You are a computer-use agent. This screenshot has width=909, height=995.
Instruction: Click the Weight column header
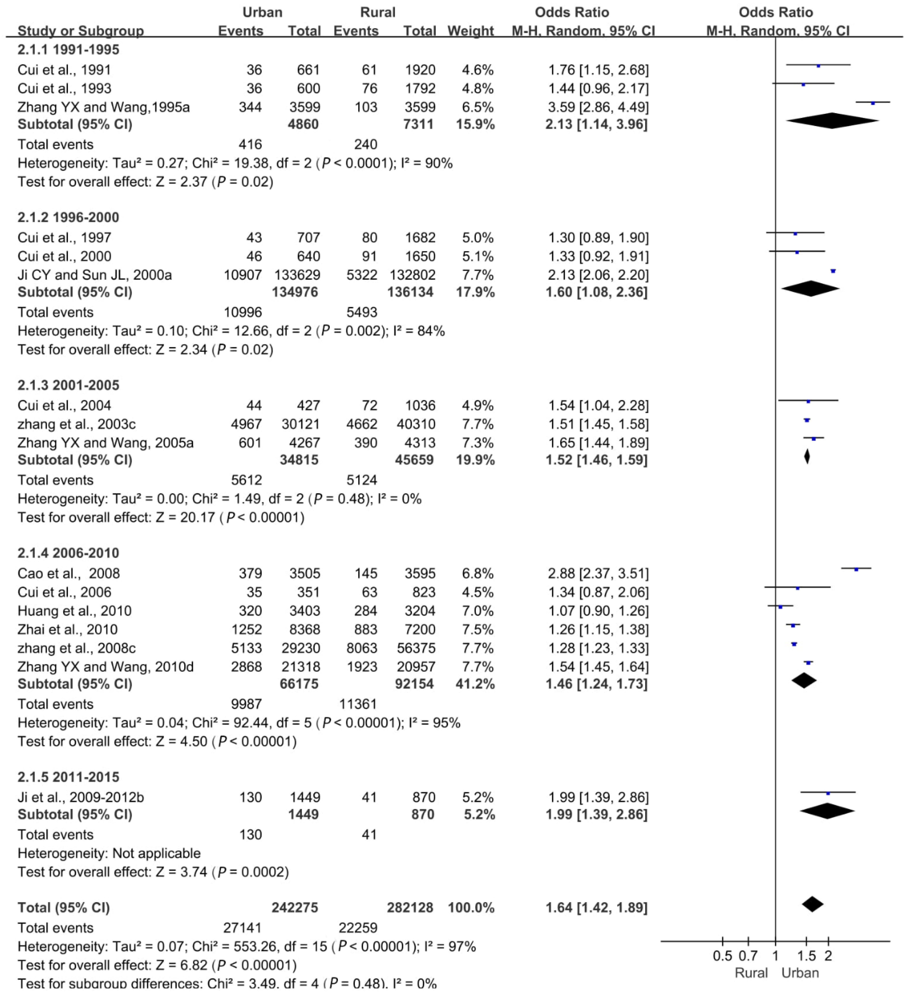pyautogui.click(x=470, y=31)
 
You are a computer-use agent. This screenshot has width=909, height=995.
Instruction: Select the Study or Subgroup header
pyautogui.click(x=80, y=31)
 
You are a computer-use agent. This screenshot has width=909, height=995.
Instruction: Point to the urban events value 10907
pyautogui.click(x=243, y=275)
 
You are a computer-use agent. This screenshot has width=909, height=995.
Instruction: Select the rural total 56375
pyautogui.click(x=416, y=648)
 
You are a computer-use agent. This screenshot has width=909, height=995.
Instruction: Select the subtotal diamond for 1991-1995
pyautogui.click(x=833, y=121)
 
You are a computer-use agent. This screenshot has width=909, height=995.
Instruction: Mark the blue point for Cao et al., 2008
pyautogui.click(x=856, y=570)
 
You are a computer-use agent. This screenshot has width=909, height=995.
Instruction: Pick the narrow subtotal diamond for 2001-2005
pyautogui.click(x=807, y=457)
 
